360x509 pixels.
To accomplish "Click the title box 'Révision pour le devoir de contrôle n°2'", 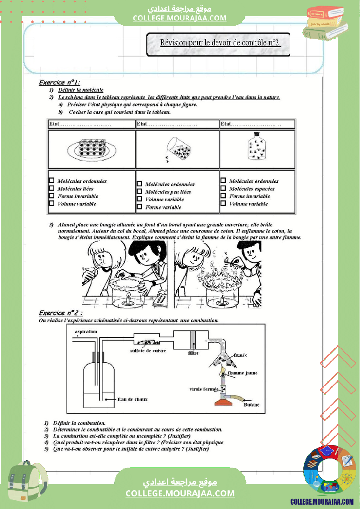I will click(x=218, y=43).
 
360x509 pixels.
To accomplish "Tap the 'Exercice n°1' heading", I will click(x=60, y=82).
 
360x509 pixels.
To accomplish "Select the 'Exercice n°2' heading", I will click(x=61, y=313).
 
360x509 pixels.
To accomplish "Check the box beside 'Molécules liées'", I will click(x=51, y=188).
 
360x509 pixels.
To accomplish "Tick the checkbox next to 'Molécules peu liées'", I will click(x=139, y=192).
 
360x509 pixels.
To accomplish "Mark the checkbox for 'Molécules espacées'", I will click(x=223, y=188).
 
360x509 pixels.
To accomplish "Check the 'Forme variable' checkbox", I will click(x=139, y=207).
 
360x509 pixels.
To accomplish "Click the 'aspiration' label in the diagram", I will click(x=86, y=332).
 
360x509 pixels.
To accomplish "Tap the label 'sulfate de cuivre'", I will click(x=148, y=351).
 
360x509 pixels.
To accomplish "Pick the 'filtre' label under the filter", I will click(x=193, y=353).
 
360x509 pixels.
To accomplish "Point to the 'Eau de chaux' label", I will click(x=133, y=399).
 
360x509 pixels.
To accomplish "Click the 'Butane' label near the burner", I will click(x=251, y=405).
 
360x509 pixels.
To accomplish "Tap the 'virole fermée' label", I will click(x=204, y=389).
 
